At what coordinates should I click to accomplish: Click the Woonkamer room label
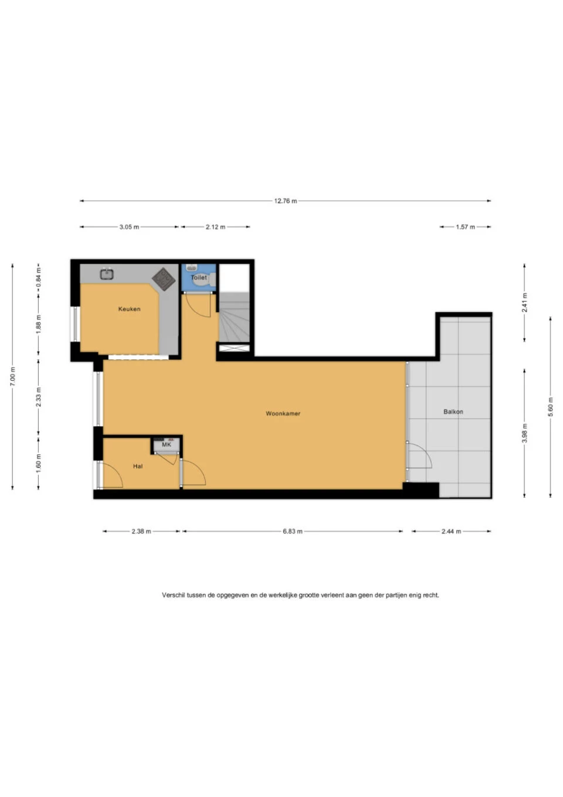tap(283, 414)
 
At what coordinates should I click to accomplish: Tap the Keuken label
tap(129, 309)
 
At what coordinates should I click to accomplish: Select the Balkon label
tap(453, 412)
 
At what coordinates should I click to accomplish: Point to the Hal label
tap(138, 467)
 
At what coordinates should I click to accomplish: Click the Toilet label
tap(199, 277)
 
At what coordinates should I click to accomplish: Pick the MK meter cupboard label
tap(167, 445)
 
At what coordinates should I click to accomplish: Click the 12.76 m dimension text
tap(286, 201)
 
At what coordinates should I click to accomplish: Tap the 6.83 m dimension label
tap(292, 531)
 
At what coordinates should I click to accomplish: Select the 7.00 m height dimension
tap(13, 376)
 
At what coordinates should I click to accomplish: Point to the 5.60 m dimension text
tap(550, 407)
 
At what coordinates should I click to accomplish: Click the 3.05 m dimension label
tap(129, 227)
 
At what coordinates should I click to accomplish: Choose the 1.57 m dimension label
tap(465, 227)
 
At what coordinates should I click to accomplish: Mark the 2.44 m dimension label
tap(451, 531)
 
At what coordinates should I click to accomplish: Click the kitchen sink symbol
tap(107, 273)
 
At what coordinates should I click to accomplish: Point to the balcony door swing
tap(419, 457)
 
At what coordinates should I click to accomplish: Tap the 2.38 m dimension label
tap(141, 531)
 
